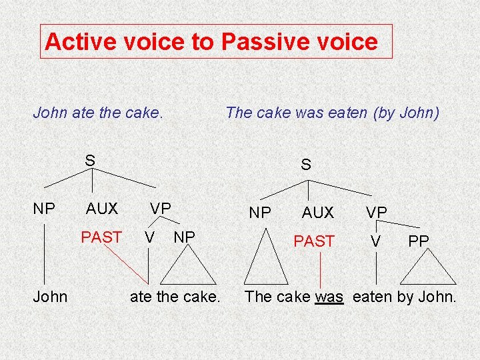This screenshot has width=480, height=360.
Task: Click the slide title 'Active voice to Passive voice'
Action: tap(211, 42)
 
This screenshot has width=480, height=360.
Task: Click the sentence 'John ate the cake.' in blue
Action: tap(98, 112)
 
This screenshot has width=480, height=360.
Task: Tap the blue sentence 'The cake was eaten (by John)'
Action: tap(332, 112)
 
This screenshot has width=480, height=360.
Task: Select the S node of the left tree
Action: tap(90, 161)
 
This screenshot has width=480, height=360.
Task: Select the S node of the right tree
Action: tap(305, 164)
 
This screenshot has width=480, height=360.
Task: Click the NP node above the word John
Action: tap(44, 208)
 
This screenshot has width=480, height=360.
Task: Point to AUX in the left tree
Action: tap(102, 209)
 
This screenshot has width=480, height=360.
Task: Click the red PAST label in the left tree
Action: tap(101, 237)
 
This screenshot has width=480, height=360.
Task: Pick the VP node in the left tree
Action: tap(160, 208)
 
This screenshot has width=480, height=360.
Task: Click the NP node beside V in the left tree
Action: tap(184, 237)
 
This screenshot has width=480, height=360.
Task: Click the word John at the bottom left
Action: tap(50, 296)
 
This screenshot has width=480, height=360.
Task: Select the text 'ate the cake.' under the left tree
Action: tap(175, 296)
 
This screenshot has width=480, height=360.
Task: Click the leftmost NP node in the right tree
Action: tap(259, 212)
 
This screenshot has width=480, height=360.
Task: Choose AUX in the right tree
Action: tap(317, 212)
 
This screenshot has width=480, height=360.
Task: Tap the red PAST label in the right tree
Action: tap(314, 241)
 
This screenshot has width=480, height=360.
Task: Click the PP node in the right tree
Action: tap(419, 241)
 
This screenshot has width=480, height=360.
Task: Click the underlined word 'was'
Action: tap(329, 296)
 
